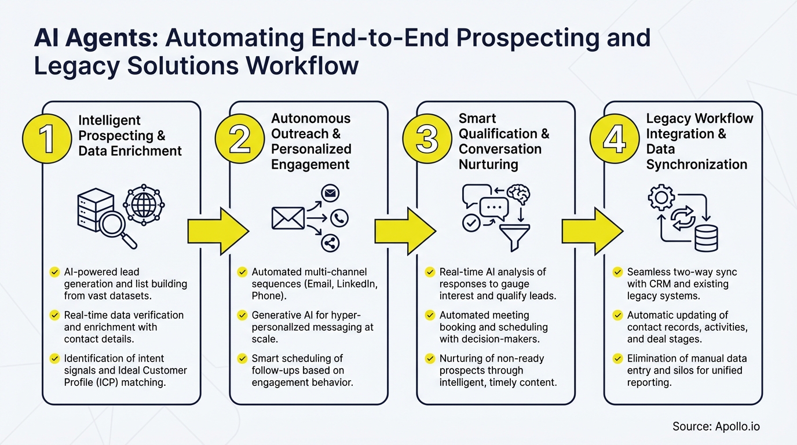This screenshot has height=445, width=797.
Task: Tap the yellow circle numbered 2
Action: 240,140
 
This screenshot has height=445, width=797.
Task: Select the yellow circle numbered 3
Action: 427,140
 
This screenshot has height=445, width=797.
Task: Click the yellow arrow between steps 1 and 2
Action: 218,232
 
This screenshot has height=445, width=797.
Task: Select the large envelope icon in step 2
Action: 288,218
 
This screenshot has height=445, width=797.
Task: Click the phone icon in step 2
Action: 339,218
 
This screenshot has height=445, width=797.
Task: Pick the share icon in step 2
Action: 330,243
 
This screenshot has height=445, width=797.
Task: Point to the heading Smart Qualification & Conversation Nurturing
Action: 503,141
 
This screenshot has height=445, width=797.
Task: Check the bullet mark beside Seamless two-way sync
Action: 618,272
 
